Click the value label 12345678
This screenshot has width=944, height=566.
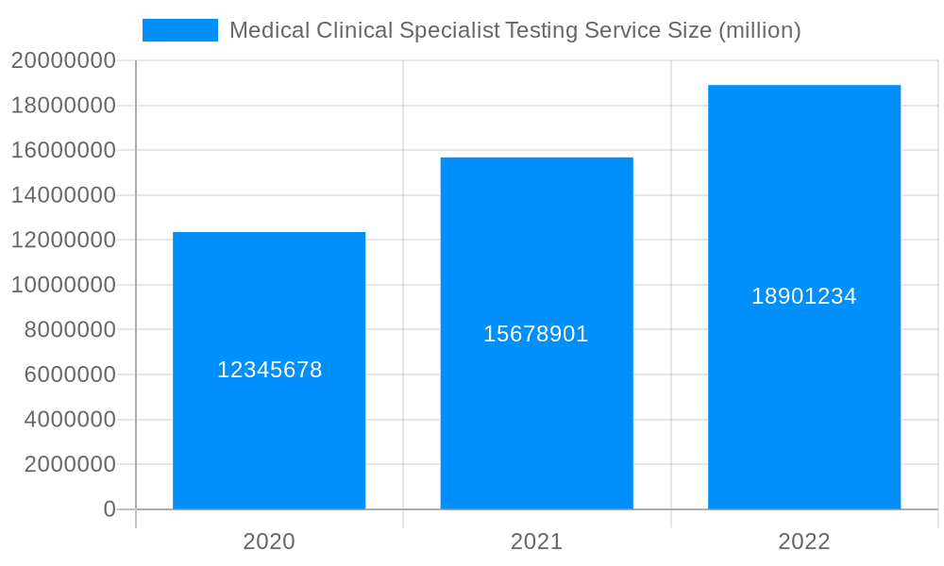[270, 370]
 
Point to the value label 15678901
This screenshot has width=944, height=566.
[536, 334]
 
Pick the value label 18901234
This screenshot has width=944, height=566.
[804, 296]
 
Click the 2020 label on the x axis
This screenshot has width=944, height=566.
[269, 541]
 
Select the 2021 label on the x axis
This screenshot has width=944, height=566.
[536, 541]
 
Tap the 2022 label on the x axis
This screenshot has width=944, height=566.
[804, 541]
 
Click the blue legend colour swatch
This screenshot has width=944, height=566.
[180, 30]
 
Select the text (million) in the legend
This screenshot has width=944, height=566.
[759, 30]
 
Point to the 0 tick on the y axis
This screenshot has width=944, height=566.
[110, 509]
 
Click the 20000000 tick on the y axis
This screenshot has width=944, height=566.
[63, 61]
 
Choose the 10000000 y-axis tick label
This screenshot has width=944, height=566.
[63, 285]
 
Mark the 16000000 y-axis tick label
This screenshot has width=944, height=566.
[63, 151]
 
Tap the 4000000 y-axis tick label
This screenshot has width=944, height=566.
[69, 420]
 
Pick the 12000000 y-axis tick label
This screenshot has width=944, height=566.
[63, 241]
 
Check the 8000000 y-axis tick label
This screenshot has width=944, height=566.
[69, 330]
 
